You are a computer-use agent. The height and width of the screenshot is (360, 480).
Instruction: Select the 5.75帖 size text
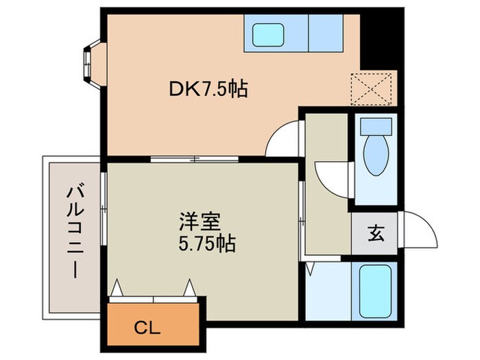point(206,243)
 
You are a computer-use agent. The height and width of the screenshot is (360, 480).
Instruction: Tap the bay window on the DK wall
point(91,62)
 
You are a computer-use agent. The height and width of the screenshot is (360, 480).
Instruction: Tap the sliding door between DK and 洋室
point(195,159)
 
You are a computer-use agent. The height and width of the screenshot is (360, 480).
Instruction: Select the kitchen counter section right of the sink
point(325,32)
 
